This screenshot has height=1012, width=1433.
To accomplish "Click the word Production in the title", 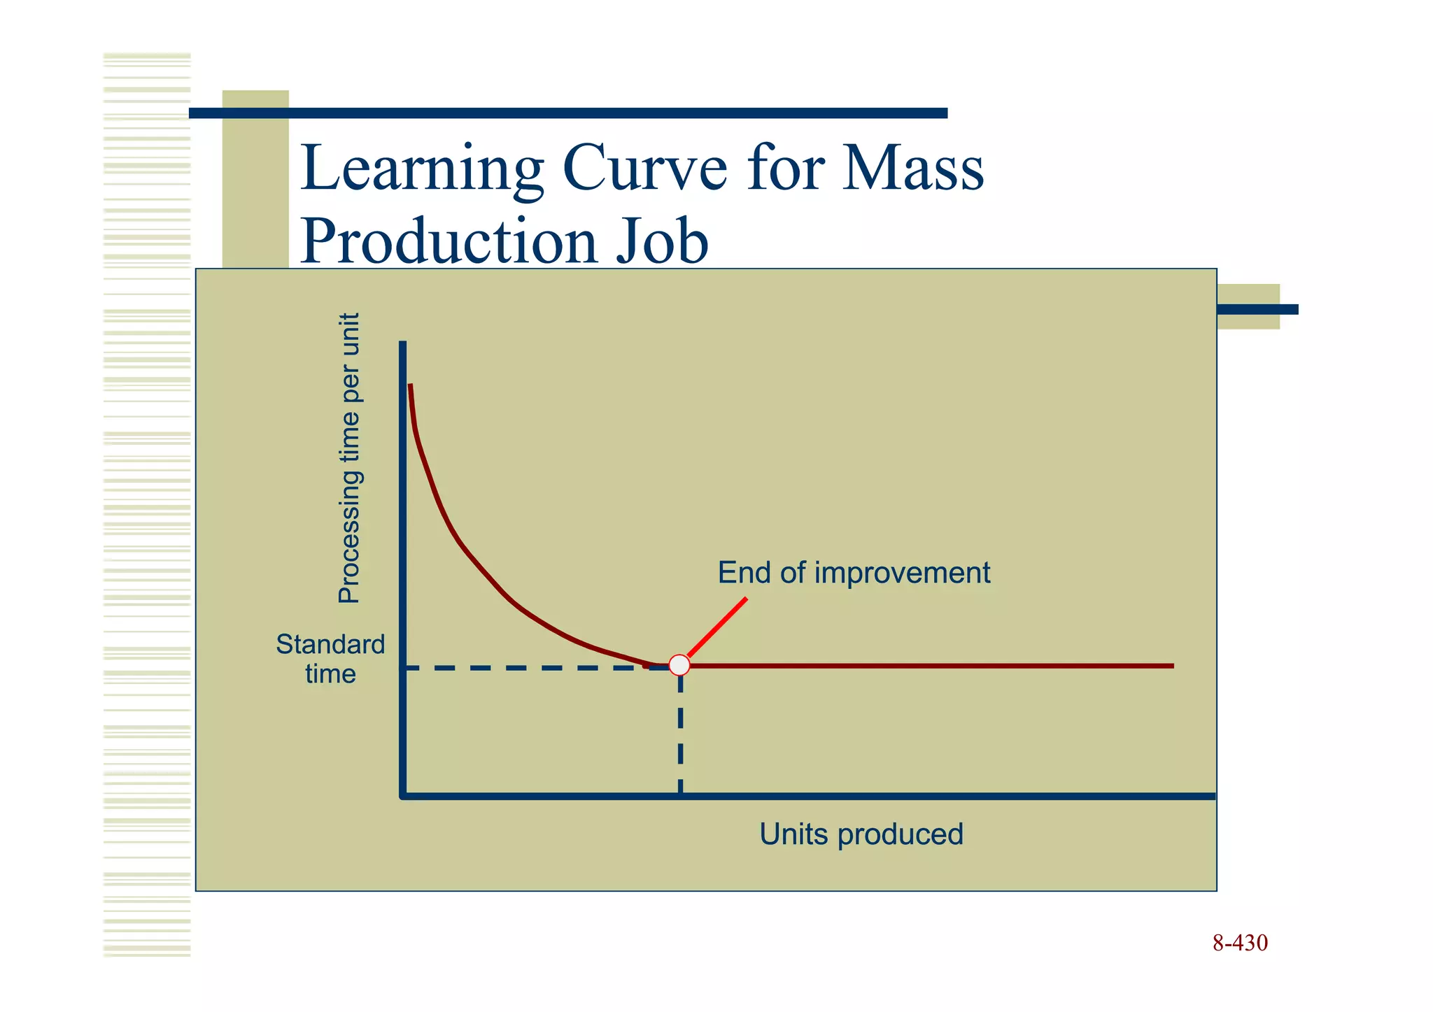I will coord(448,241).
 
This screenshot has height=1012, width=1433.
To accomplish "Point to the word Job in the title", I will coord(662,241).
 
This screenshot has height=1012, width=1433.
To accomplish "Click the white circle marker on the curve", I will coord(679,664).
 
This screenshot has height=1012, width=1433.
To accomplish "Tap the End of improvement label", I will coord(854,573).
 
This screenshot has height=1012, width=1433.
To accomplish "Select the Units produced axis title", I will coord(861,834).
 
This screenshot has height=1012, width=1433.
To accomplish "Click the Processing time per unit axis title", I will coord(349,458).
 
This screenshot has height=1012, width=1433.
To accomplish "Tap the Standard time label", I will coord(330,659).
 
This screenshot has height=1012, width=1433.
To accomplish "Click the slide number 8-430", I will coord(1239,943).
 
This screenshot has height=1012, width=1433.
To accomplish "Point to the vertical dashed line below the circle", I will coord(680,734).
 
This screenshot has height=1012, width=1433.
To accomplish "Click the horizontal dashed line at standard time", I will coord(525,668).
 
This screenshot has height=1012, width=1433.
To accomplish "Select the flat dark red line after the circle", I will coord(931,666).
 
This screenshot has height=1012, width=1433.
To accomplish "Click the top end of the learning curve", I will coord(411,387).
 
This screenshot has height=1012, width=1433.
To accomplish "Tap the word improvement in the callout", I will coord(902,573).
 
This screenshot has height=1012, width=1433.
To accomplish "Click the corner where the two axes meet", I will coord(403,795).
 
